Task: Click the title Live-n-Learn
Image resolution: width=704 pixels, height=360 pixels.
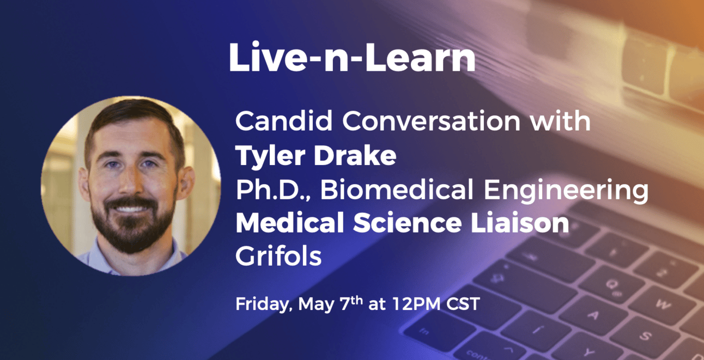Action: [x=352, y=57]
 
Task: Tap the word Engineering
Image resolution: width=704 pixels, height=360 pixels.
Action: [x=566, y=190]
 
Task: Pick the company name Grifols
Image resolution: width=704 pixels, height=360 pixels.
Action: [x=278, y=255]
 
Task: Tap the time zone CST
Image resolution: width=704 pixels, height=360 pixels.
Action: [x=463, y=304]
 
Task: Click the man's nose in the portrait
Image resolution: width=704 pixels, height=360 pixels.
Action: [x=131, y=181]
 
